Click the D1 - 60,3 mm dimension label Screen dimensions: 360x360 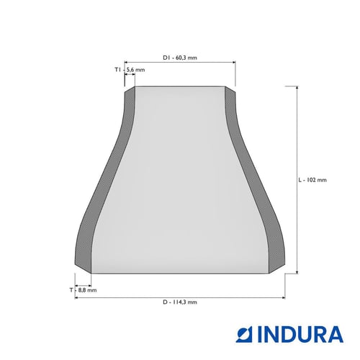tap(180, 58)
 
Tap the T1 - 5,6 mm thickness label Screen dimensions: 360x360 tap(130, 70)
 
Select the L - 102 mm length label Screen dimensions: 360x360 tap(312, 180)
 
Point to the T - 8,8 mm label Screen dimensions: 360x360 tap(84, 290)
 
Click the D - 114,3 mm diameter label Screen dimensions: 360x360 tap(180, 302)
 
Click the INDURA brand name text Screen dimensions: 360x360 tap(300, 334)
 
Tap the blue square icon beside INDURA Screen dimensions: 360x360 tap(245, 334)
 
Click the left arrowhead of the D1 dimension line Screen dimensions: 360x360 tap(126, 63)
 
